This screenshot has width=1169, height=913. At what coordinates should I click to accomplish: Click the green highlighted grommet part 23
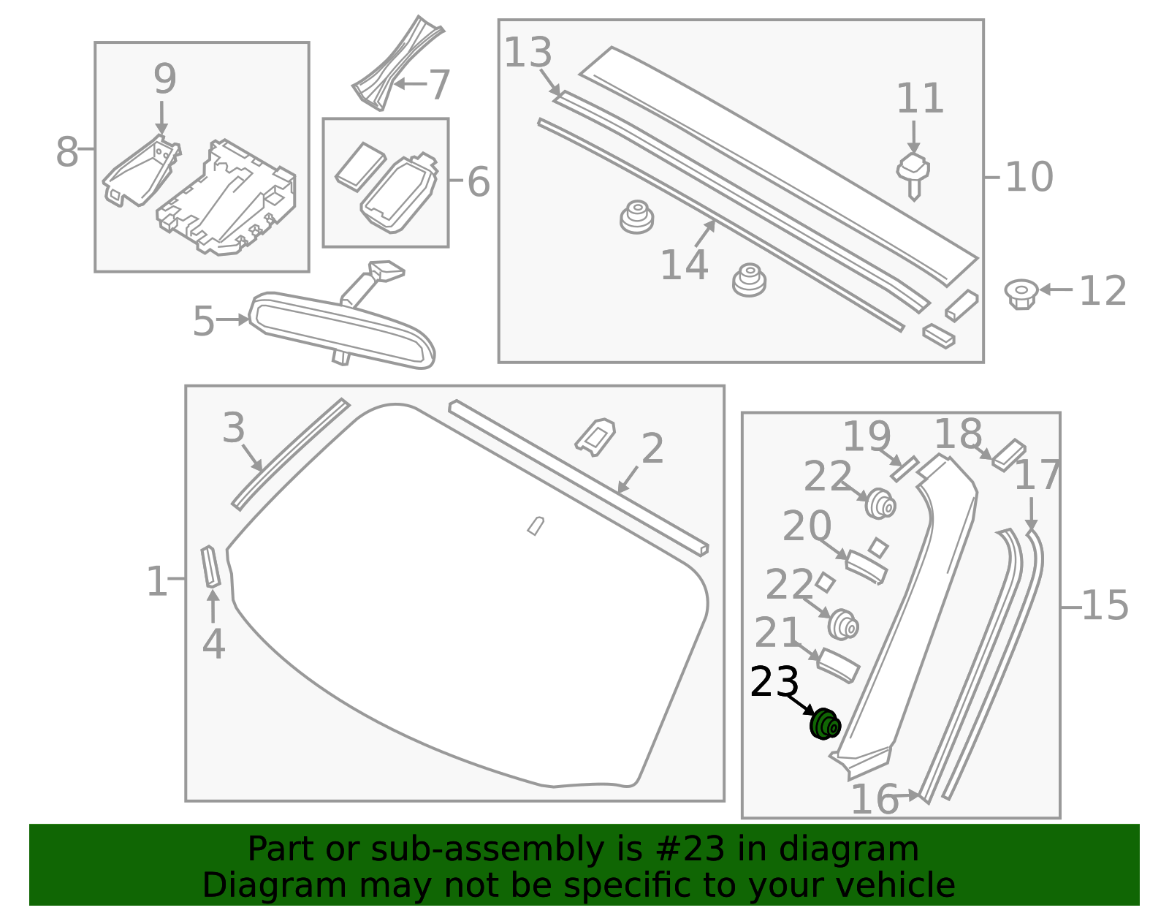[x=825, y=724]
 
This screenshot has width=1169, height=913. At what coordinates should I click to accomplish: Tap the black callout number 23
[x=774, y=683]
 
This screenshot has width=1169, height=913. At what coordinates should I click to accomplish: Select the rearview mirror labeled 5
[x=342, y=329]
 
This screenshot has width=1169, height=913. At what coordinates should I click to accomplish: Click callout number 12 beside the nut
[x=1103, y=291]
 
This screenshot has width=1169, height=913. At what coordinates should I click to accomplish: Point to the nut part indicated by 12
[x=1021, y=293]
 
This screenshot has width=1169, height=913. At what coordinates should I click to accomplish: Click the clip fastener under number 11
[x=913, y=173]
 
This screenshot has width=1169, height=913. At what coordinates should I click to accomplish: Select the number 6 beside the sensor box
[x=479, y=182]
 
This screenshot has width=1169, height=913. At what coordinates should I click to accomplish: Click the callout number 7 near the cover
[x=439, y=85]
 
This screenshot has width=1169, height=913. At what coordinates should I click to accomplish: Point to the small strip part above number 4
[x=211, y=567]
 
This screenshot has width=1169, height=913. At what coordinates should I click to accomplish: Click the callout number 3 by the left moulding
[x=234, y=428]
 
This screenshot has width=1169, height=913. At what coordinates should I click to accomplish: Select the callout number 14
[x=684, y=265]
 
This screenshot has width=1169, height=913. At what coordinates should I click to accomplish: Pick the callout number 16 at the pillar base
[x=875, y=799]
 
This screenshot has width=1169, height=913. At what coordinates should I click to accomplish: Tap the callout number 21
[x=778, y=633]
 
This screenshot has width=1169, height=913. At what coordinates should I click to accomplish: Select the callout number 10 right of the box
[x=1029, y=177]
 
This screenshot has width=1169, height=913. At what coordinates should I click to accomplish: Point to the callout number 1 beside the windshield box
[x=157, y=582]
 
